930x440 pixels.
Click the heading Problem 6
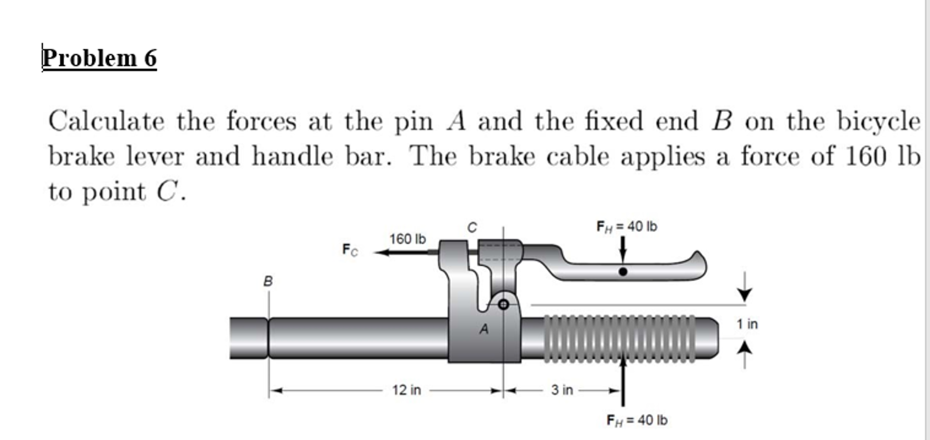point(99,58)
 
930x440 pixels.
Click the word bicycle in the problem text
point(879,122)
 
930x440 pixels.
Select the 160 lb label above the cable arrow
point(407,239)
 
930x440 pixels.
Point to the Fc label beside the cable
point(350,250)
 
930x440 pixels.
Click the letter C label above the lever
point(472,227)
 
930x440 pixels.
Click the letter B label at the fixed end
point(268,282)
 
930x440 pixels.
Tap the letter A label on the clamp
point(484,329)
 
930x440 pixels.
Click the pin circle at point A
point(503,304)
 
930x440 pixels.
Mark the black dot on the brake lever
point(623,272)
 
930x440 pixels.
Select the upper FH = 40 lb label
point(626,226)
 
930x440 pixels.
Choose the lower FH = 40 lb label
point(637,420)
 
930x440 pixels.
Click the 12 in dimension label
point(407,390)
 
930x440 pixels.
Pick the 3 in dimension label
point(562,390)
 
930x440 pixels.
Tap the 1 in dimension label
point(747,324)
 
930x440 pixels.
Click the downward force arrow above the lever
point(623,250)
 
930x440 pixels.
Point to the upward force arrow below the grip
point(623,381)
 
